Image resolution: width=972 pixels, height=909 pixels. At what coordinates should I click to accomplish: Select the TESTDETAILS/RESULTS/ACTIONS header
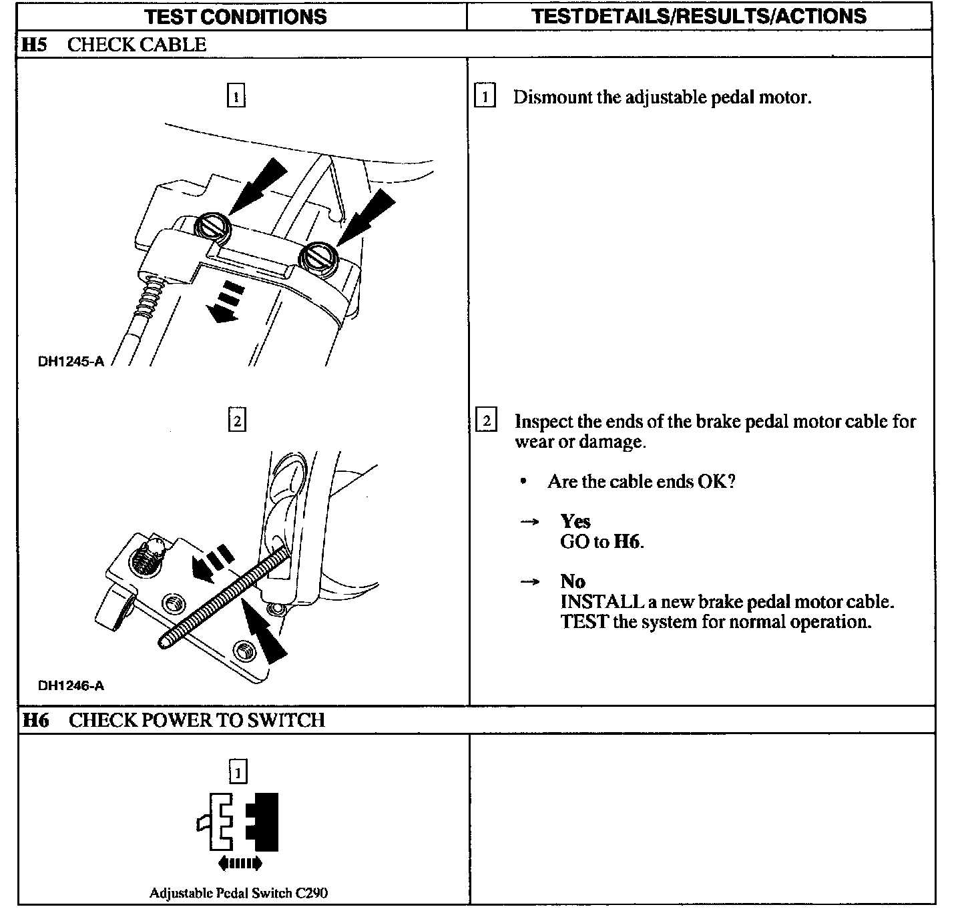point(699,16)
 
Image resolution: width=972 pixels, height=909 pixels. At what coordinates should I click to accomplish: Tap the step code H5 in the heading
point(35,45)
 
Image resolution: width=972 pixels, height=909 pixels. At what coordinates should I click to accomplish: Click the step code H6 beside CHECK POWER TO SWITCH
point(35,720)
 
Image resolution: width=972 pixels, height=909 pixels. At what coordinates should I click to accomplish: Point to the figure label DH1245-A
point(71,362)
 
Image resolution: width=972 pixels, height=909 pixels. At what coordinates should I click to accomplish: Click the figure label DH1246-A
point(71,685)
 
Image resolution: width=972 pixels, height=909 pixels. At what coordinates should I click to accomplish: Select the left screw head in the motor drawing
point(213,228)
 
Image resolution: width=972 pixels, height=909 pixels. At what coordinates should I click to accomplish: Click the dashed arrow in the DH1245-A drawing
point(225,302)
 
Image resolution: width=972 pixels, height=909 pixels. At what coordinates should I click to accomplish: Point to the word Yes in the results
point(575,521)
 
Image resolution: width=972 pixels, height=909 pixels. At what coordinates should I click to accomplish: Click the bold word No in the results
point(573,581)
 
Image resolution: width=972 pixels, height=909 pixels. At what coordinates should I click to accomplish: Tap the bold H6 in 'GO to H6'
point(627,541)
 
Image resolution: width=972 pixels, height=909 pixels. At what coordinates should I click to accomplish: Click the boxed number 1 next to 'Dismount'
point(485,97)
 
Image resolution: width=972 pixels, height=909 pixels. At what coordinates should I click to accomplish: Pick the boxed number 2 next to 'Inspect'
point(486,421)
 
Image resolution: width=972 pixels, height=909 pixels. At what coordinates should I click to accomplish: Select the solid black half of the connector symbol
point(264,822)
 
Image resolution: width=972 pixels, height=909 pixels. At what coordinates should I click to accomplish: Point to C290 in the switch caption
point(311,893)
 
